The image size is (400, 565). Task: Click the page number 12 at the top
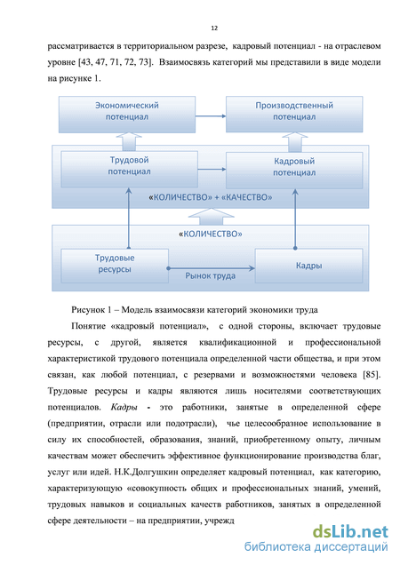[214, 28]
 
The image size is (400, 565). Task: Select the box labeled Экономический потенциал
[127, 115]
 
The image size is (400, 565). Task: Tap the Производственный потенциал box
[294, 114]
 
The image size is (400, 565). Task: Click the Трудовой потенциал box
[129, 169]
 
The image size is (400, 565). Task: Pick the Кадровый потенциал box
[294, 170]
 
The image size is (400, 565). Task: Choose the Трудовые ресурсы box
[115, 266]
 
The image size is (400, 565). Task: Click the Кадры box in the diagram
[308, 266]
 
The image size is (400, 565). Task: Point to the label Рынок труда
[211, 276]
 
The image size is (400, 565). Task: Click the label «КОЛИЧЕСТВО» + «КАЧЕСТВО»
[211, 197]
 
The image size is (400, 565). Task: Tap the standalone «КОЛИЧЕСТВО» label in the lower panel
[211, 235]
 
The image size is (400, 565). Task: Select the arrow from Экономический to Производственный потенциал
[211, 116]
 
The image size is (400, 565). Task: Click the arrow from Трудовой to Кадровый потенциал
[212, 169]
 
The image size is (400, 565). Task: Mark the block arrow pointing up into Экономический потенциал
[129, 141]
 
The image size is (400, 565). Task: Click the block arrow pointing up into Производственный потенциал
[295, 142]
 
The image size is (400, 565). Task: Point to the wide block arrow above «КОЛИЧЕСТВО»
[212, 217]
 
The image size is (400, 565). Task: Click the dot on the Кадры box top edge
[295, 248]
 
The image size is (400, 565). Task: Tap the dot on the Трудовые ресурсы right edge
[168, 268]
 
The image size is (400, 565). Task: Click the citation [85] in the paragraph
[372, 375]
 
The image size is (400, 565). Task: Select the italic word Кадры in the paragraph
[124, 407]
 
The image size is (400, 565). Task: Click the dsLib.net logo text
[350, 532]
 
